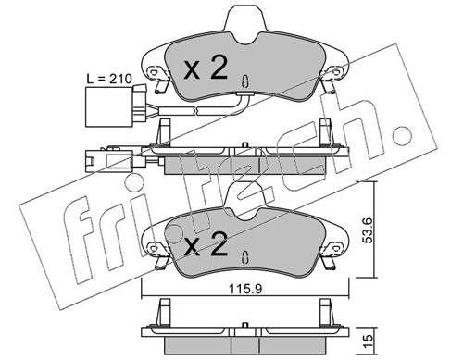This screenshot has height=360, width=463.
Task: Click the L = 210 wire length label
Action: (x=108, y=79)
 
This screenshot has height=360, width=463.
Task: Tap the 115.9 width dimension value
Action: (x=245, y=289)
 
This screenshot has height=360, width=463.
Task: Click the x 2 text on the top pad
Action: (x=206, y=68)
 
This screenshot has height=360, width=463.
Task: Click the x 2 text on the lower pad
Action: (x=206, y=243)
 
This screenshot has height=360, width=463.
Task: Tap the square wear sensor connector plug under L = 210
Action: (x=109, y=106)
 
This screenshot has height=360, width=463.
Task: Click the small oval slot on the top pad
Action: (x=244, y=81)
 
